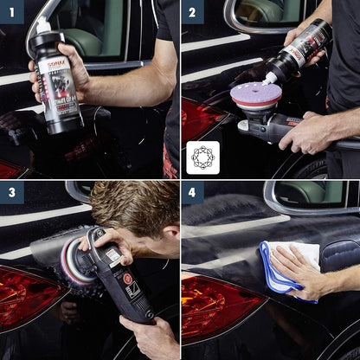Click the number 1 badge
[12, 12]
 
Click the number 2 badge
[193, 12]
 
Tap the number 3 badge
[12, 192]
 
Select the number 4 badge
[193, 192]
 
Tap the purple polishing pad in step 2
[251, 93]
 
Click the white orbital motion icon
[202, 157]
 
